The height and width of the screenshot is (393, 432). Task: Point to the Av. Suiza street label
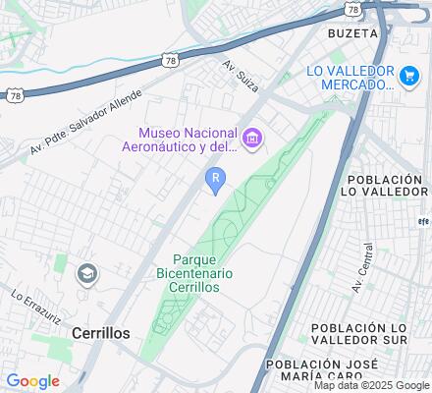[x=238, y=73]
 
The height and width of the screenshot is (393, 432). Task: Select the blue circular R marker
[x=215, y=178]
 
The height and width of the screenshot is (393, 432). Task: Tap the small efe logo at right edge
[x=424, y=221]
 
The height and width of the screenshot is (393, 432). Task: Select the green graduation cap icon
[x=87, y=272]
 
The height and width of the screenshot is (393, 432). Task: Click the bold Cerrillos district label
[x=101, y=333]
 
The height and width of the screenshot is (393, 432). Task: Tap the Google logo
[x=32, y=381]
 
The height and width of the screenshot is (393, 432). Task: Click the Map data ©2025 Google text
[x=372, y=385]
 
